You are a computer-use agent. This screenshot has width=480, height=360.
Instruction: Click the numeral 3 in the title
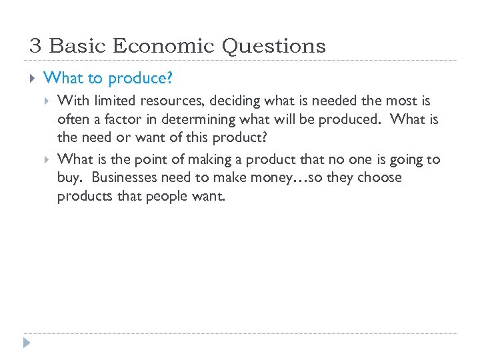(35, 46)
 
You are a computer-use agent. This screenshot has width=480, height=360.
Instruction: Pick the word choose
(376, 178)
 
